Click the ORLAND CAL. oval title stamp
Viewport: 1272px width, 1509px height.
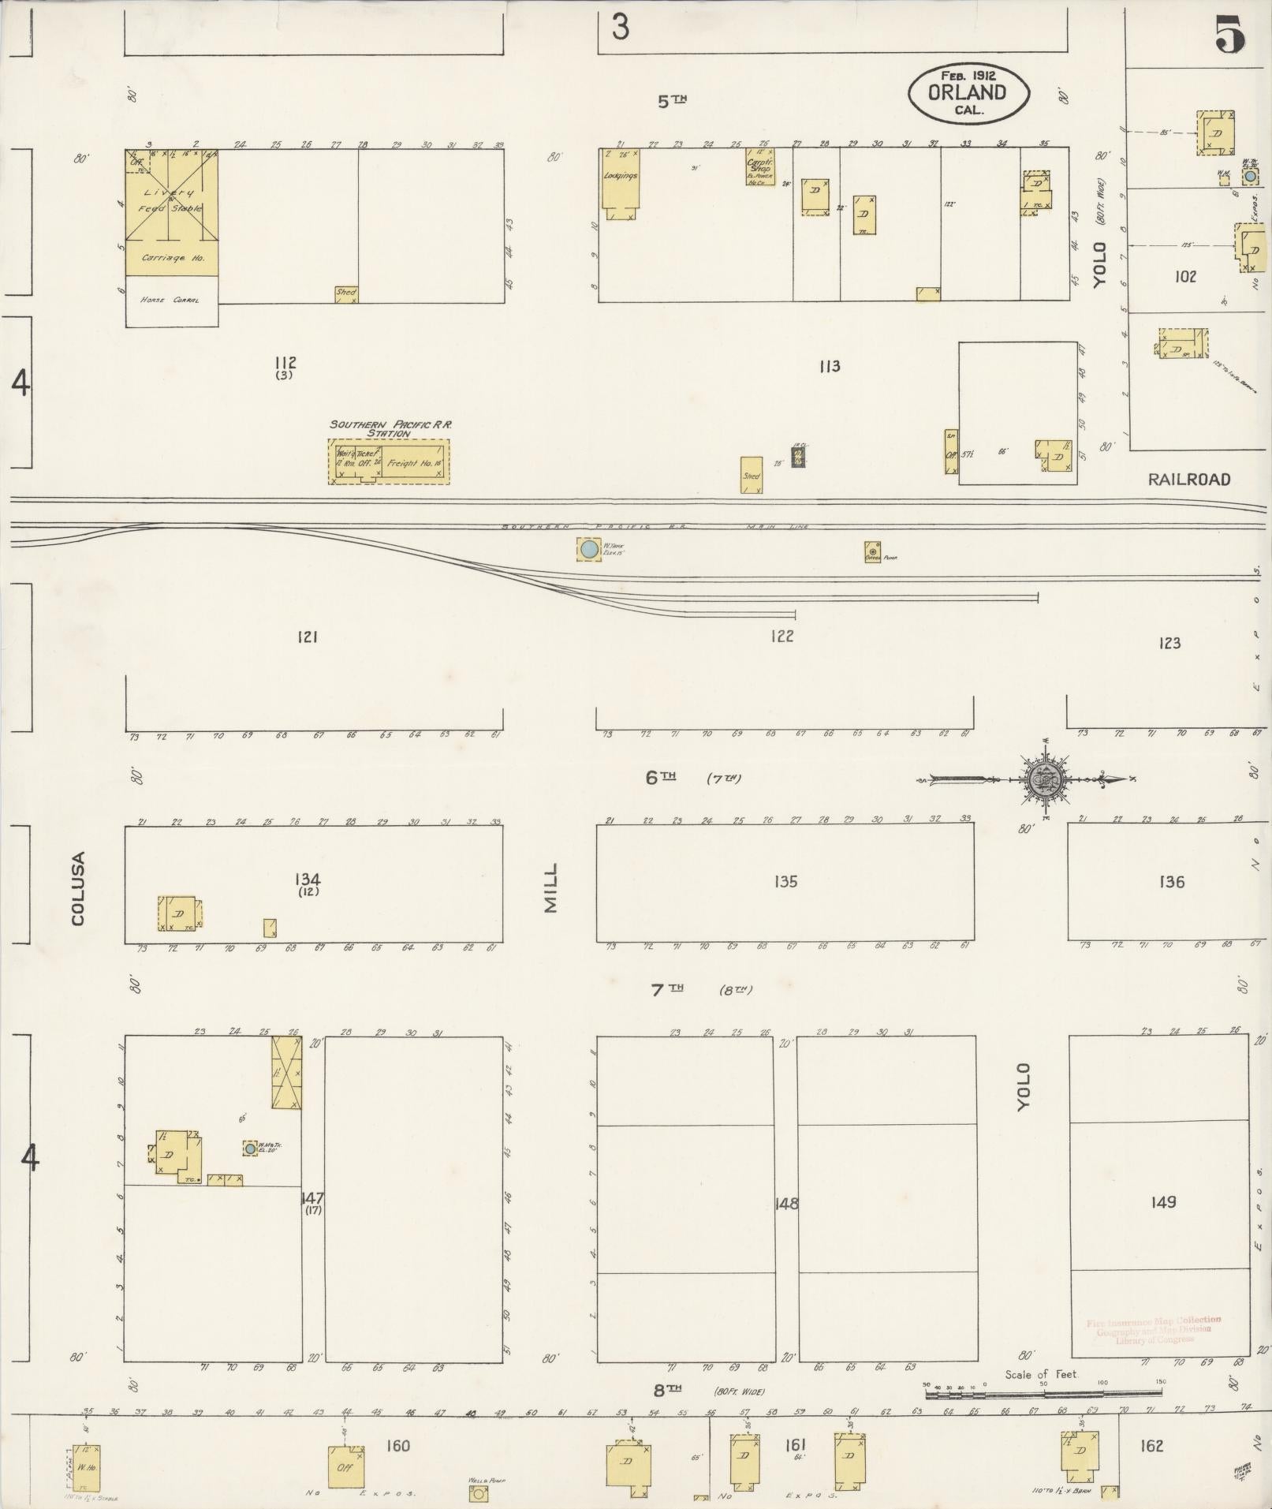(x=968, y=94)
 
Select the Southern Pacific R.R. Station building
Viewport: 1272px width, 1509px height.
(x=389, y=461)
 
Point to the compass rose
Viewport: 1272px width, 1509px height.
(x=1046, y=780)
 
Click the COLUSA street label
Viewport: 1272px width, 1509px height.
(x=77, y=889)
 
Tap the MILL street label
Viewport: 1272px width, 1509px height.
(x=550, y=888)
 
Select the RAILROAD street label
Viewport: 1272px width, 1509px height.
(x=1188, y=480)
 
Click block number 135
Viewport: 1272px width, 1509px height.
(x=785, y=882)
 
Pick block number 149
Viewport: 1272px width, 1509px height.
(x=1163, y=1202)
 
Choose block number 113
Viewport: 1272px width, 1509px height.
(x=829, y=366)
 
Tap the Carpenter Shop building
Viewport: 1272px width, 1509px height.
(x=759, y=167)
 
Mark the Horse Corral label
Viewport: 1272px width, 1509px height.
(x=170, y=301)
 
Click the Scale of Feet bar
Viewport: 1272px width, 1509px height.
(x=1044, y=1395)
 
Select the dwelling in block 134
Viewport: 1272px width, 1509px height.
(x=180, y=913)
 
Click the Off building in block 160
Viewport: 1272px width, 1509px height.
(x=345, y=1467)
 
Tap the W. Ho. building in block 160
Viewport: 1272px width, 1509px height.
(x=86, y=1466)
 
